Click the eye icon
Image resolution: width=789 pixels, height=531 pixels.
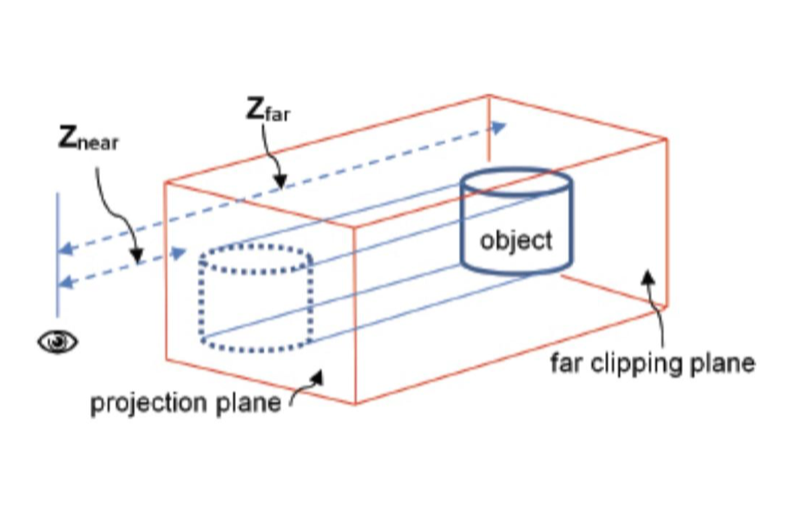[x=57, y=342]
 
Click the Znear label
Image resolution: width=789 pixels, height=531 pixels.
[x=88, y=141]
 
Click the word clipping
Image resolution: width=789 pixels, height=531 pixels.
[x=628, y=364]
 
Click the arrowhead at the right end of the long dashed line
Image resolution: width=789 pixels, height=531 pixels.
[x=499, y=127]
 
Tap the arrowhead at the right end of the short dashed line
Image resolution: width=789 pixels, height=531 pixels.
[x=180, y=252]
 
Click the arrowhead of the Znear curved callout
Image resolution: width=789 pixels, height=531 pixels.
[x=136, y=259]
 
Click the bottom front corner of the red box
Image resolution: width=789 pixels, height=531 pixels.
[x=355, y=404]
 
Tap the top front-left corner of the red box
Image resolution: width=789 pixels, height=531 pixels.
[x=166, y=182]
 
